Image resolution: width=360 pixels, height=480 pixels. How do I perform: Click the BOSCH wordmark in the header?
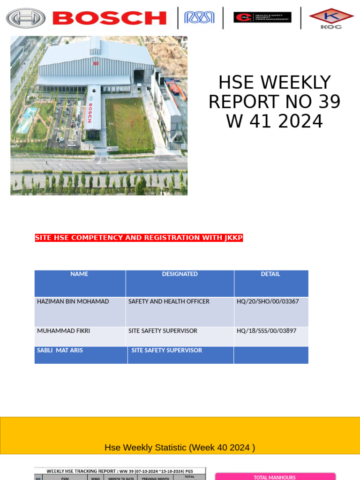point(110,18)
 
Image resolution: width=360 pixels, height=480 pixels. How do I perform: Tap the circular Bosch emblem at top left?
point(26,18)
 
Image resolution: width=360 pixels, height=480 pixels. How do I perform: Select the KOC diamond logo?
point(331,18)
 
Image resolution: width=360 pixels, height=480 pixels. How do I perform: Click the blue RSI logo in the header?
point(199,18)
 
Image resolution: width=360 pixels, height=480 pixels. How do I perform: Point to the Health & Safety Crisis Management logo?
point(262,17)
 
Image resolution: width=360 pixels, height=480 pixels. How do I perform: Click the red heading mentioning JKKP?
point(139,238)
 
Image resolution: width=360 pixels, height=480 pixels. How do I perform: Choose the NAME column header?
point(79,274)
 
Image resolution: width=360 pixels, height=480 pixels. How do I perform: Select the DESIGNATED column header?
point(180,274)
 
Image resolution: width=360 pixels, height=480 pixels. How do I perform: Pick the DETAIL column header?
point(270,274)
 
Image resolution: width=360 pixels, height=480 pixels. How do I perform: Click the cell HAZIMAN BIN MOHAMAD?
point(73,301)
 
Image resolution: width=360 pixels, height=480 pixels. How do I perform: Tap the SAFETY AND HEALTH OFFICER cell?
point(169,301)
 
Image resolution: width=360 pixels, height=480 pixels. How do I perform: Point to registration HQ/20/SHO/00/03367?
point(267,301)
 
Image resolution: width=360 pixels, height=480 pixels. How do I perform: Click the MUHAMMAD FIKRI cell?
point(63,331)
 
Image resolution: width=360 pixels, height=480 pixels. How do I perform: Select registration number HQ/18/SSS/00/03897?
point(266,331)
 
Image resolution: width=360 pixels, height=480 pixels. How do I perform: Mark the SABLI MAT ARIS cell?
point(60,350)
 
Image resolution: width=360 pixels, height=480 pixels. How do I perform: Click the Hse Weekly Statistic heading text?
point(180,448)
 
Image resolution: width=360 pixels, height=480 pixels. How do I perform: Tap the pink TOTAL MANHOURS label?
point(275,477)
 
